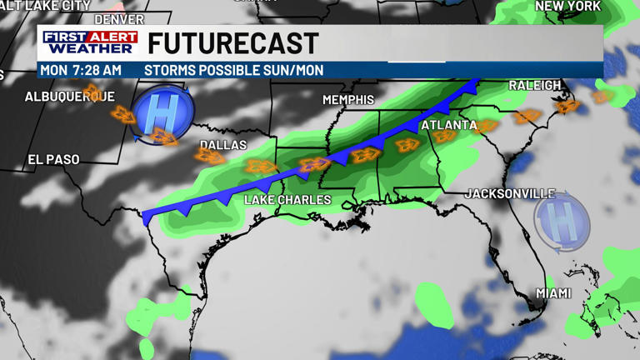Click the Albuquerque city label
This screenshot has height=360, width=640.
(69, 97)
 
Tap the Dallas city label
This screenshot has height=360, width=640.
(223, 145)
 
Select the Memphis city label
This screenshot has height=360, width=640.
(348, 100)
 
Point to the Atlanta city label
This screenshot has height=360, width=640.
(448, 125)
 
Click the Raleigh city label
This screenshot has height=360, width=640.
(534, 86)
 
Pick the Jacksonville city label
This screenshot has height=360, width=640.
(509, 193)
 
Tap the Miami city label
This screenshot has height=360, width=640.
(553, 293)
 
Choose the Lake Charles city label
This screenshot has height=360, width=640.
(287, 200)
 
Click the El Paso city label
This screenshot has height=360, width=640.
(53, 159)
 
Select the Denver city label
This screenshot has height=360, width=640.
(119, 18)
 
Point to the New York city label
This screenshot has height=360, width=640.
(567, 6)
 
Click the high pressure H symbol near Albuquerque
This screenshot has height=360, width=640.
(163, 112)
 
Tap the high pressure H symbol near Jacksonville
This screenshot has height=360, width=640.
(562, 221)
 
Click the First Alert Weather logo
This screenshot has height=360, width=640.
(90, 42)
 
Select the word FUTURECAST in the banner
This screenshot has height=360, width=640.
(233, 43)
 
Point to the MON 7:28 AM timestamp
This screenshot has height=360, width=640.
(80, 71)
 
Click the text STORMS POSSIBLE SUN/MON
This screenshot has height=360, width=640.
(233, 71)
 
